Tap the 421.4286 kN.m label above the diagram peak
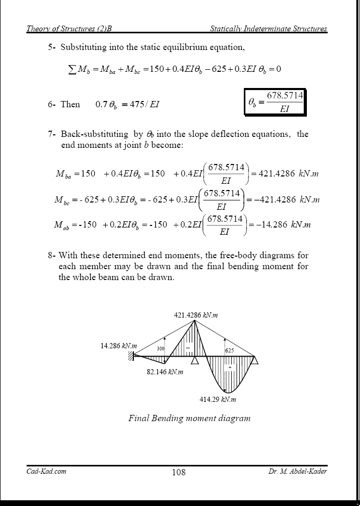pos(196,315)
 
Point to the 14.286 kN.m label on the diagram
pos(119,346)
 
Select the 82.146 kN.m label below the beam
pos(165,372)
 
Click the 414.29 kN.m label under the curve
pos(218,399)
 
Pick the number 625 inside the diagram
pos(229,351)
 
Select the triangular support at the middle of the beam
pos(195,360)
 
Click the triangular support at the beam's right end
pos(255,360)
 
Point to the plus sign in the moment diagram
pos(229,367)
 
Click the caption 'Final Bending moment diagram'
pos(190,418)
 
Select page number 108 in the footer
pos(178,472)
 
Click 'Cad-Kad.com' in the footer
pos(46,472)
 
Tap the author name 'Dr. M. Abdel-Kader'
pos(298,472)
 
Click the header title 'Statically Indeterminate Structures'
pos(268,29)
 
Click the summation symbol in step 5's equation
pos(72,69)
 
